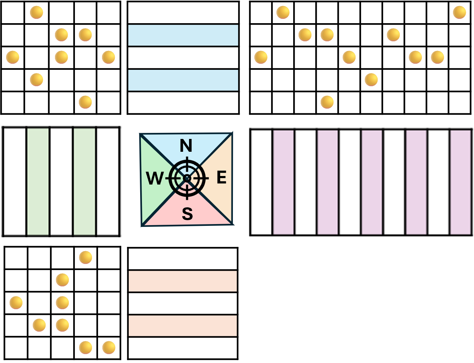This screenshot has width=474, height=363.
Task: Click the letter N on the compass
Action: [x=186, y=146]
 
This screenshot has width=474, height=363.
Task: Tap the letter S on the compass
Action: [x=187, y=214]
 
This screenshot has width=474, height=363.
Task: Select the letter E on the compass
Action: [x=221, y=177]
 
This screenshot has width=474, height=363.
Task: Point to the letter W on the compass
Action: [x=154, y=178]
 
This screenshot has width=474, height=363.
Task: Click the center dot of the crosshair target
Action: [x=187, y=178]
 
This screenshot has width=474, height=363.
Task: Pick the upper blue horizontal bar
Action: [x=183, y=35]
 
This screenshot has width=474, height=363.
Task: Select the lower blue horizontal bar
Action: [x=183, y=80]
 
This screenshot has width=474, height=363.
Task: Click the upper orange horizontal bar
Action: [x=183, y=281]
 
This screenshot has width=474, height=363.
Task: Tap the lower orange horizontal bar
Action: [x=183, y=326]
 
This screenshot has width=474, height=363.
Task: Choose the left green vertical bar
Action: [x=38, y=182]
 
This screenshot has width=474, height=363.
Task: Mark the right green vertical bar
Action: [x=85, y=182]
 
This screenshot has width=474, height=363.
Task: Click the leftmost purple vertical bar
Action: [x=284, y=182]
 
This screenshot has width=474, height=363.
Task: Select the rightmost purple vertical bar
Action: [x=460, y=182]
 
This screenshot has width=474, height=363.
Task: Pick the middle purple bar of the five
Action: [x=372, y=182]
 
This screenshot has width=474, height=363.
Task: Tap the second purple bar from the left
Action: [x=328, y=182]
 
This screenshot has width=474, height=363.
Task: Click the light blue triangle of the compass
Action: [x=200, y=142]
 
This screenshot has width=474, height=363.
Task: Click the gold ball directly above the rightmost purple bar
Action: [x=459, y=12]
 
